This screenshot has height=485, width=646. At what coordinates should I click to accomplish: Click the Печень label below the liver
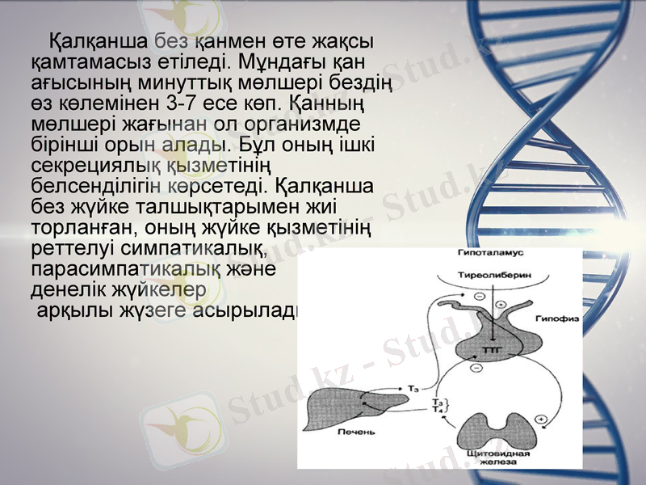(x=355, y=433)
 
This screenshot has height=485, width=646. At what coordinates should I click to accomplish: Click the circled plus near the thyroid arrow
(x=541, y=420)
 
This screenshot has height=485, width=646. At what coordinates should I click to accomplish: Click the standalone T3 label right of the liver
(x=413, y=390)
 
